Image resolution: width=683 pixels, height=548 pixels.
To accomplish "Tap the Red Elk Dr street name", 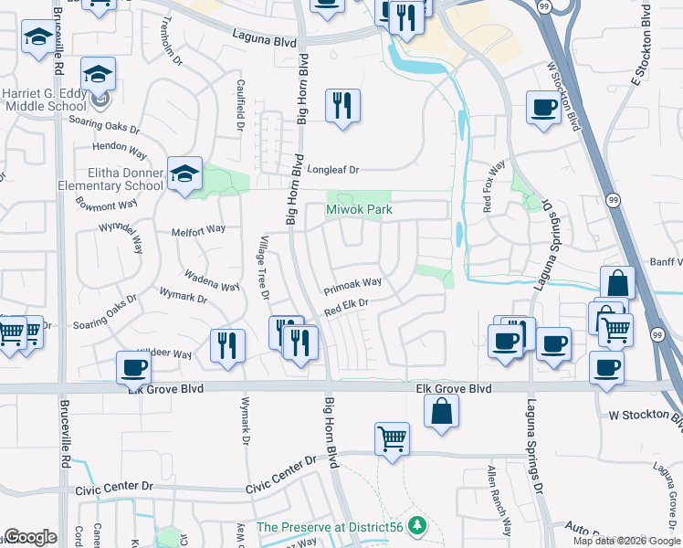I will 345,308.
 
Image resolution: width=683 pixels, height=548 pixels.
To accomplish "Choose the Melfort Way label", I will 198,231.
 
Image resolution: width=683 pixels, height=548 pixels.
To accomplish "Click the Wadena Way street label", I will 211,280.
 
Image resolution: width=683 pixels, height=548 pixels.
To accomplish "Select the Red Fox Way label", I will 493,187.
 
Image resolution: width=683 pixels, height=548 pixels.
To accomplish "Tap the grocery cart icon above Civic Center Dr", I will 392,437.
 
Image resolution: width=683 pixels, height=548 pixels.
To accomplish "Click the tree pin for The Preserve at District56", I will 417,525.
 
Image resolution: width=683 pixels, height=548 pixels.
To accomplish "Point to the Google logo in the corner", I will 30,537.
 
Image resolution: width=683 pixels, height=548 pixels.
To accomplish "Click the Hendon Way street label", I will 119,147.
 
